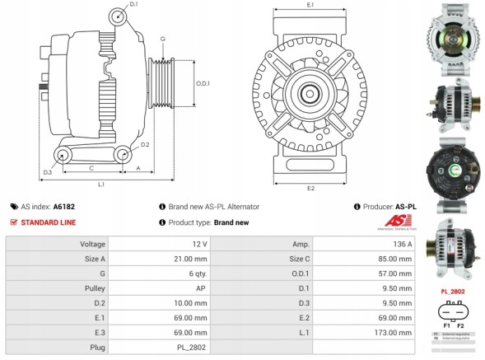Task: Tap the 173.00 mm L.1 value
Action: (x=394, y=333)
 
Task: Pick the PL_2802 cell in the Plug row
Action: (x=191, y=348)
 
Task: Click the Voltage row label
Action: (x=91, y=245)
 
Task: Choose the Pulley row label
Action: (x=93, y=288)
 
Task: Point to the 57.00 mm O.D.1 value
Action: (x=395, y=274)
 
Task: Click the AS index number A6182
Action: (x=63, y=207)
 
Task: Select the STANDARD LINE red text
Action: (x=49, y=222)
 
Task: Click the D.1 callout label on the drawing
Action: (x=134, y=5)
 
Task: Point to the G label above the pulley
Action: (x=163, y=40)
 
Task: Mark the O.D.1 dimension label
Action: (x=203, y=83)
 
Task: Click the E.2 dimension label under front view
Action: (x=310, y=189)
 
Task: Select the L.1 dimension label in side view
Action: (x=100, y=185)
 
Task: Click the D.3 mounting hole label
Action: (x=48, y=172)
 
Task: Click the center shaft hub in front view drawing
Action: (x=310, y=92)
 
